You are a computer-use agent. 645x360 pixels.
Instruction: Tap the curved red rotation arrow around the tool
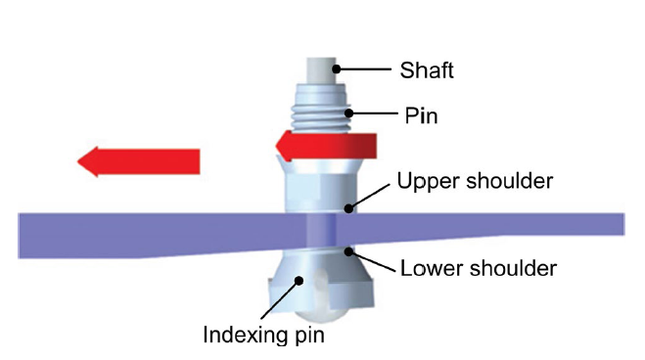(x=323, y=146)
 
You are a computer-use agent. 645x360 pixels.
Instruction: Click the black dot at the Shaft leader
(x=335, y=68)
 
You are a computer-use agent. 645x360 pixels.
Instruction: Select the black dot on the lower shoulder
(x=346, y=251)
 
